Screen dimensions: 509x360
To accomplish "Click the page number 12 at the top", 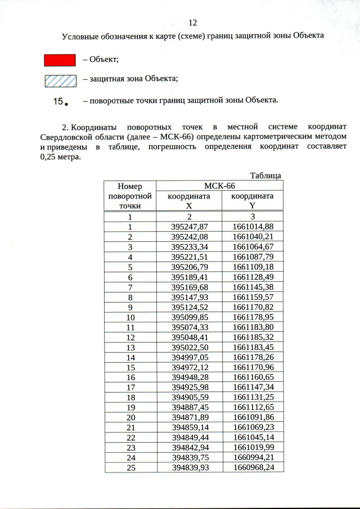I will pyautogui.click(x=192, y=22).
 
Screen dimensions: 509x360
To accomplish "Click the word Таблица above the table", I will pyautogui.click(x=265, y=175).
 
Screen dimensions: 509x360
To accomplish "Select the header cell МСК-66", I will pyautogui.click(x=219, y=186).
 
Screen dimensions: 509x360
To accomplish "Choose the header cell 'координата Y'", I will pyautogui.click(x=253, y=201).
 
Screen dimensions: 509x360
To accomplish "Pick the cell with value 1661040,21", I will pyautogui.click(x=253, y=236).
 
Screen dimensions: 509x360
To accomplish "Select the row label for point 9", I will pyautogui.click(x=129, y=307).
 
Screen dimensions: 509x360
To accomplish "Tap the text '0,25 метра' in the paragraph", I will pyautogui.click(x=60, y=157).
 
